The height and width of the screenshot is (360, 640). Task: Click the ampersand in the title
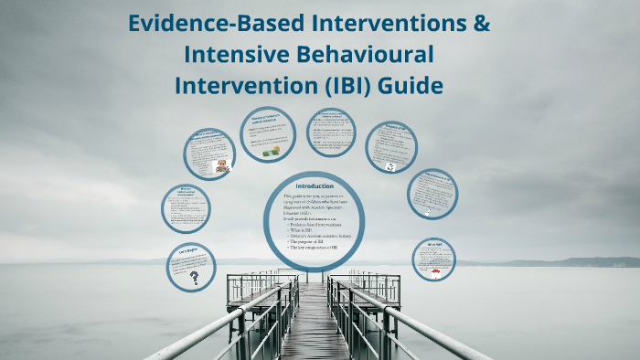click(x=479, y=24)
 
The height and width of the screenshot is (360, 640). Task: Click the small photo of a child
click(x=220, y=166)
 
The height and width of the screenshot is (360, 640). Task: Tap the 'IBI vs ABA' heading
click(x=435, y=245)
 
